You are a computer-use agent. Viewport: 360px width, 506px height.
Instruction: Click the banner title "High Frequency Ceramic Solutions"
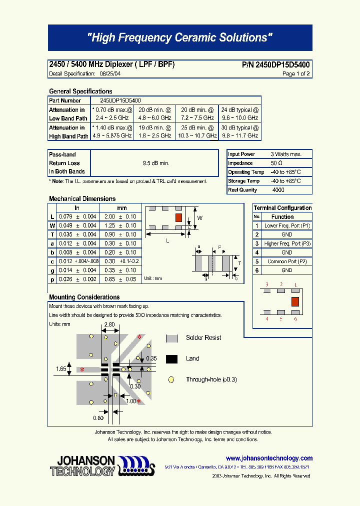[180, 38]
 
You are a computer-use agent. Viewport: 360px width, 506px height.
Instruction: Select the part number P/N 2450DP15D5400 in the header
[276, 65]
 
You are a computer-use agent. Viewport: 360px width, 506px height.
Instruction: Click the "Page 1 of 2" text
[296, 73]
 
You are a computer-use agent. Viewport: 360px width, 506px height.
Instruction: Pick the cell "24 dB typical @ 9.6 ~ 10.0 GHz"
[240, 114]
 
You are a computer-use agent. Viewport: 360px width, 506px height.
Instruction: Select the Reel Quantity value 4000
[278, 190]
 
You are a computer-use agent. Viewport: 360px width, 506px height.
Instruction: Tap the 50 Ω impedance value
[276, 163]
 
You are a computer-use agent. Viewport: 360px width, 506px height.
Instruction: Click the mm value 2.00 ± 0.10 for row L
[120, 216]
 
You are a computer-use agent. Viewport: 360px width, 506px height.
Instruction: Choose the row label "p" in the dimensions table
[52, 279]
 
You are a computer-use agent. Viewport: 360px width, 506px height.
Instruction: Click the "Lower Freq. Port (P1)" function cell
[287, 225]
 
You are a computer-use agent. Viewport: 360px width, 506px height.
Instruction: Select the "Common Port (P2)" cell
[287, 261]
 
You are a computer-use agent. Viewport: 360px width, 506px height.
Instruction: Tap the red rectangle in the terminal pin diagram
[295, 301]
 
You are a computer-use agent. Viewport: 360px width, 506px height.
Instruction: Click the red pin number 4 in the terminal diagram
[267, 318]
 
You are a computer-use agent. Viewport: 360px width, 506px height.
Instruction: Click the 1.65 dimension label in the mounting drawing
[61, 369]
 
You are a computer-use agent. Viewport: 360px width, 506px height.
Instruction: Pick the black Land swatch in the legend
[171, 358]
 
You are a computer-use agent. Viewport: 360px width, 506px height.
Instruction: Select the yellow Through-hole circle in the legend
[171, 379]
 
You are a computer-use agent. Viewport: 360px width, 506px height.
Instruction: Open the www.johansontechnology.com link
[269, 458]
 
